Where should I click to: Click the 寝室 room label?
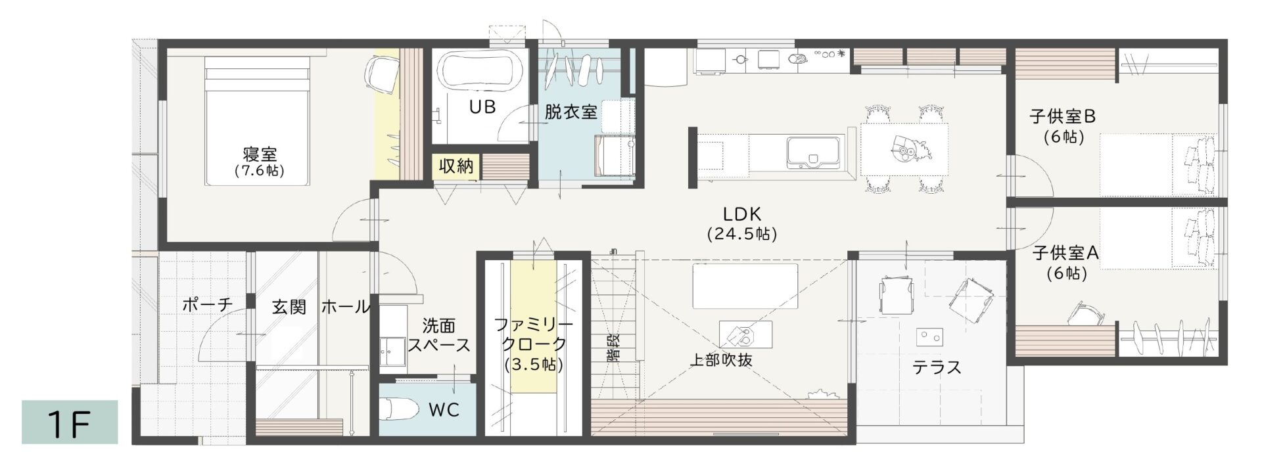(260, 155)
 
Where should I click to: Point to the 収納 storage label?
(456, 166)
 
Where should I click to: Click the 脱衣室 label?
(571, 112)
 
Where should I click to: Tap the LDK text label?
(741, 214)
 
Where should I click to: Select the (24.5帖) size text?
(741, 233)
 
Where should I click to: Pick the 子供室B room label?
(1063, 117)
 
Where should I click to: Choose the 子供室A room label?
(1065, 252)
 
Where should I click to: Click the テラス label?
(937, 367)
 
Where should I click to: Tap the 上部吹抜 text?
(720, 360)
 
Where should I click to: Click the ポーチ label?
(208, 305)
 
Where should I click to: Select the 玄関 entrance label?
(289, 307)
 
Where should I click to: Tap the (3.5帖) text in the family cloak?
(534, 365)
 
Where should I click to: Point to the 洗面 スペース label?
(438, 335)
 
